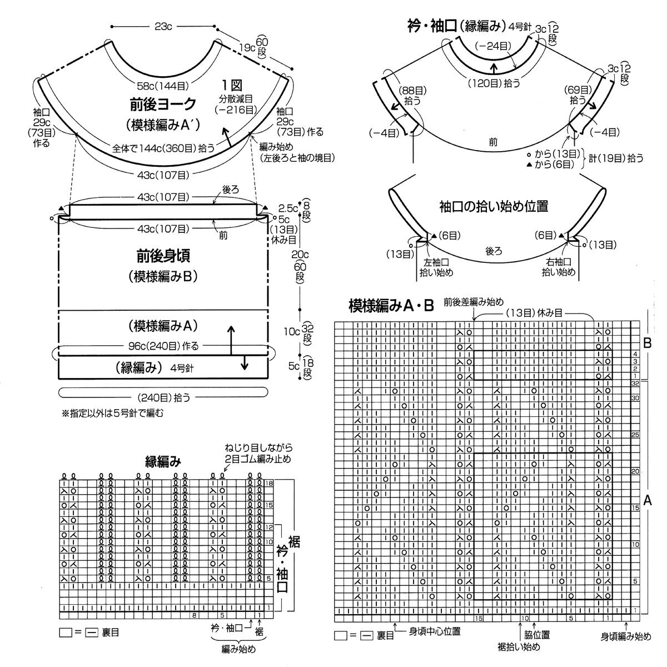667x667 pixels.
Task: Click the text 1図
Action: coord(232,86)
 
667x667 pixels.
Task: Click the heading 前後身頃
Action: coord(163,256)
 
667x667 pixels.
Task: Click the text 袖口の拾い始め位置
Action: coord(492,206)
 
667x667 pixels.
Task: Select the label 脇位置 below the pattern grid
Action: coord(537,634)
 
